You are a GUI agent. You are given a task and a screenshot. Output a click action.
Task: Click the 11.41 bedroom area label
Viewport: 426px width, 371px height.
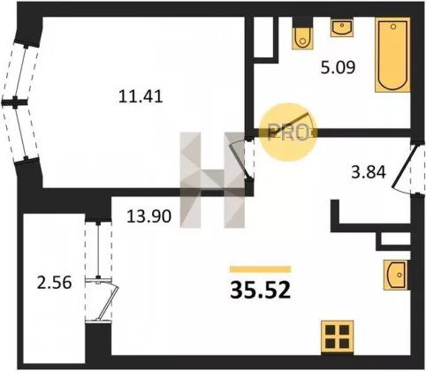(141, 96)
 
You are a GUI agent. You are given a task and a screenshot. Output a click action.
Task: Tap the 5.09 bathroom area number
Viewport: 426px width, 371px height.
(338, 68)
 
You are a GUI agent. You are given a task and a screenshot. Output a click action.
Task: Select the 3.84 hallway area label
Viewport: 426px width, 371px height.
(369, 172)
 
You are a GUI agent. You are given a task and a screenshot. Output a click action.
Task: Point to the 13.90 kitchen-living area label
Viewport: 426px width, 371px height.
(148, 216)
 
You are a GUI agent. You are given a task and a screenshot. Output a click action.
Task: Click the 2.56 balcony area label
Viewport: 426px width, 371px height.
(54, 283)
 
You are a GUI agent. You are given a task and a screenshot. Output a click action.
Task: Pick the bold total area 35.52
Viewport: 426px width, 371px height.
(261, 290)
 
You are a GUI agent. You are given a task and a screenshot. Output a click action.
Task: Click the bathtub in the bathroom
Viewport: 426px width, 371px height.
(392, 55)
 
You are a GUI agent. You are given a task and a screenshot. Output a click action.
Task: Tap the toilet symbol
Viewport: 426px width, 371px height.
(302, 33)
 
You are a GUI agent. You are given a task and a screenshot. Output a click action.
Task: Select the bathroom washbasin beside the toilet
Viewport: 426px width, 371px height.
(342, 28)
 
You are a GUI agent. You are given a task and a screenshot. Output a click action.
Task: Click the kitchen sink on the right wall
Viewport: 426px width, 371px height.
(396, 275)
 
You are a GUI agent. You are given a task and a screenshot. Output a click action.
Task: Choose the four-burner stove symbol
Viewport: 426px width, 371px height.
(338, 337)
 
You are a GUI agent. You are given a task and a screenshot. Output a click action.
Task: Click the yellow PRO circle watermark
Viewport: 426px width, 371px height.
(288, 132)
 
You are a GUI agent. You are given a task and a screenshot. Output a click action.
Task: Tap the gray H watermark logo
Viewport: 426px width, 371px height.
(212, 180)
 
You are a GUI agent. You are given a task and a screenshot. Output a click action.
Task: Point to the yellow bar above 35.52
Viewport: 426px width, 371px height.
(261, 269)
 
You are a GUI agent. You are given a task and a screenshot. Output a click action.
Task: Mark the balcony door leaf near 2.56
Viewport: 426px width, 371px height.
(108, 302)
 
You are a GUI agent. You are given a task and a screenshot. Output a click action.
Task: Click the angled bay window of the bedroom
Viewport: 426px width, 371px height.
(20, 102)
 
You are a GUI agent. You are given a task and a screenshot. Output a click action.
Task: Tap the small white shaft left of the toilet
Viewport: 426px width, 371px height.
(263, 37)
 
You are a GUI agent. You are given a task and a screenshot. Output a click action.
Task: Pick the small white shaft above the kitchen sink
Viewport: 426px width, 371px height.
(396, 239)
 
